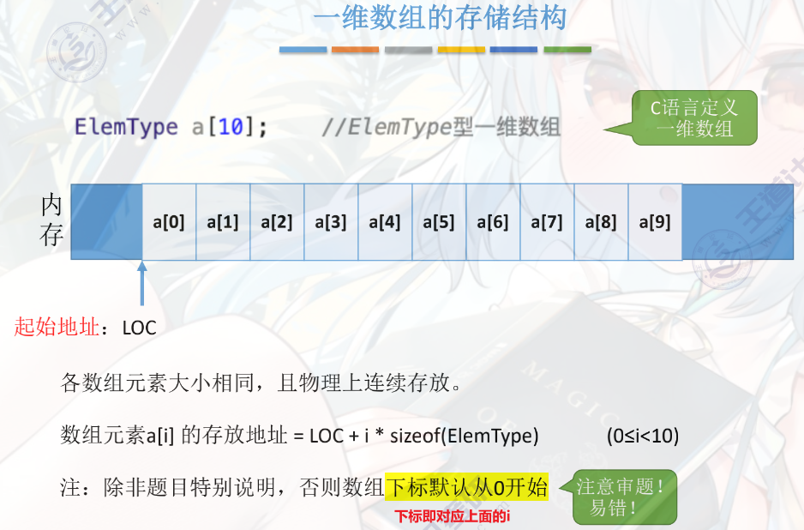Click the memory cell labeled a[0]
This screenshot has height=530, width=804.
pos(169,222)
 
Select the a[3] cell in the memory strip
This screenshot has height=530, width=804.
pos(331,222)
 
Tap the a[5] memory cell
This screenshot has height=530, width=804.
pos(439,222)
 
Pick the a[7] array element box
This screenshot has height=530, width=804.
pos(547,222)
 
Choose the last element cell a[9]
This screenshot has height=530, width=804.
pos(655,222)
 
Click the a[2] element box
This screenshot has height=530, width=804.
pos(277,222)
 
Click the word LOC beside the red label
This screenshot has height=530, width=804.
pos(139,328)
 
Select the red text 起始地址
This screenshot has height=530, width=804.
pos(57,327)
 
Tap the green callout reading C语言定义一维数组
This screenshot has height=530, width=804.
pos(694,118)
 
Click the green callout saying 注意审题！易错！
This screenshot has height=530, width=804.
pos(624,497)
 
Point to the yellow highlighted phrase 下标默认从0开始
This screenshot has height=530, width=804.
pos(467,488)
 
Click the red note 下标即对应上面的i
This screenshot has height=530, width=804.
pos(453,516)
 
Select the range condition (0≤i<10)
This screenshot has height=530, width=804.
pos(642,436)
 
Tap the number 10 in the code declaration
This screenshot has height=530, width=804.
pos(230,128)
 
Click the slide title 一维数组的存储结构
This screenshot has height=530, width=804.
pos(439,19)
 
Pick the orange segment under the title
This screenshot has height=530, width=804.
pos(356,50)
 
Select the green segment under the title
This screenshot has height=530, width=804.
pos(567,50)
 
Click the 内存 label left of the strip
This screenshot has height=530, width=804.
pos(52,220)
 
